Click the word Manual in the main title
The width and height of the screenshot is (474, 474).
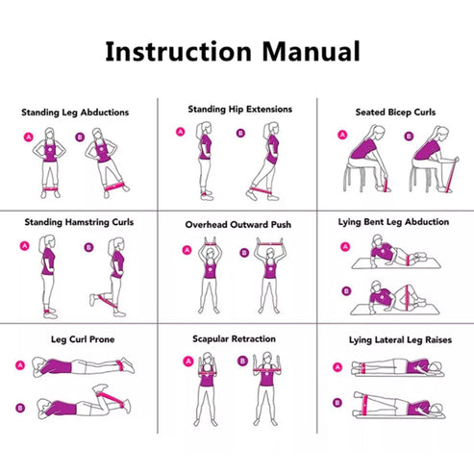[312, 51]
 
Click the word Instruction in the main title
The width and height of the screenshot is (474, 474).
[178, 51]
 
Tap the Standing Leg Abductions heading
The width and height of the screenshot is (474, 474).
[75, 112]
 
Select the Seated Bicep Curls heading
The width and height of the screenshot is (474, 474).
[395, 112]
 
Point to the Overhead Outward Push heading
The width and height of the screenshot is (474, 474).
[238, 224]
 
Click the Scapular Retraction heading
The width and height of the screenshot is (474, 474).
[234, 339]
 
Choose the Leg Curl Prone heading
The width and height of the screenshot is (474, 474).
[83, 339]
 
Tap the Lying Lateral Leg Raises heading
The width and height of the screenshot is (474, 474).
[400, 340]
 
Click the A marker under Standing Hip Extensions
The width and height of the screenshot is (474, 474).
[181, 132]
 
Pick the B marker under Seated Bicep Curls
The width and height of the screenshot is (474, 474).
[409, 137]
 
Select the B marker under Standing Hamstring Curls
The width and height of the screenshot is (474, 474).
[88, 247]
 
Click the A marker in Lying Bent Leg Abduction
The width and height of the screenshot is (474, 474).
[345, 247]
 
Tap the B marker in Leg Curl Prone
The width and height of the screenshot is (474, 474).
[20, 408]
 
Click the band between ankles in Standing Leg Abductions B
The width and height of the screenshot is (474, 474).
[114, 186]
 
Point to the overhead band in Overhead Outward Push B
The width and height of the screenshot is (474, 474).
[270, 243]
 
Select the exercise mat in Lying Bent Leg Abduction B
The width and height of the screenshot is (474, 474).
[395, 310]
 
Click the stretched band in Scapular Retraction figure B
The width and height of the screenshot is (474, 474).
[266, 371]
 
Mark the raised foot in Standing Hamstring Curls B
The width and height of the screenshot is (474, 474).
[93, 300]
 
